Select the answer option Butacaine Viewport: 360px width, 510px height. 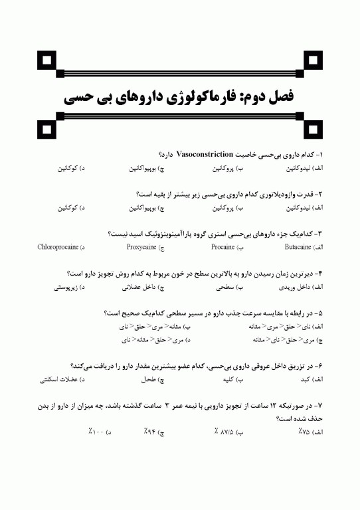298,247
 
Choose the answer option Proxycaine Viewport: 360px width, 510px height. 141,247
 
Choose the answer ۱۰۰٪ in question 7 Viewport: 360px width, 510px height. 98,432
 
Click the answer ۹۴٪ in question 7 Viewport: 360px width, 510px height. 151,432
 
